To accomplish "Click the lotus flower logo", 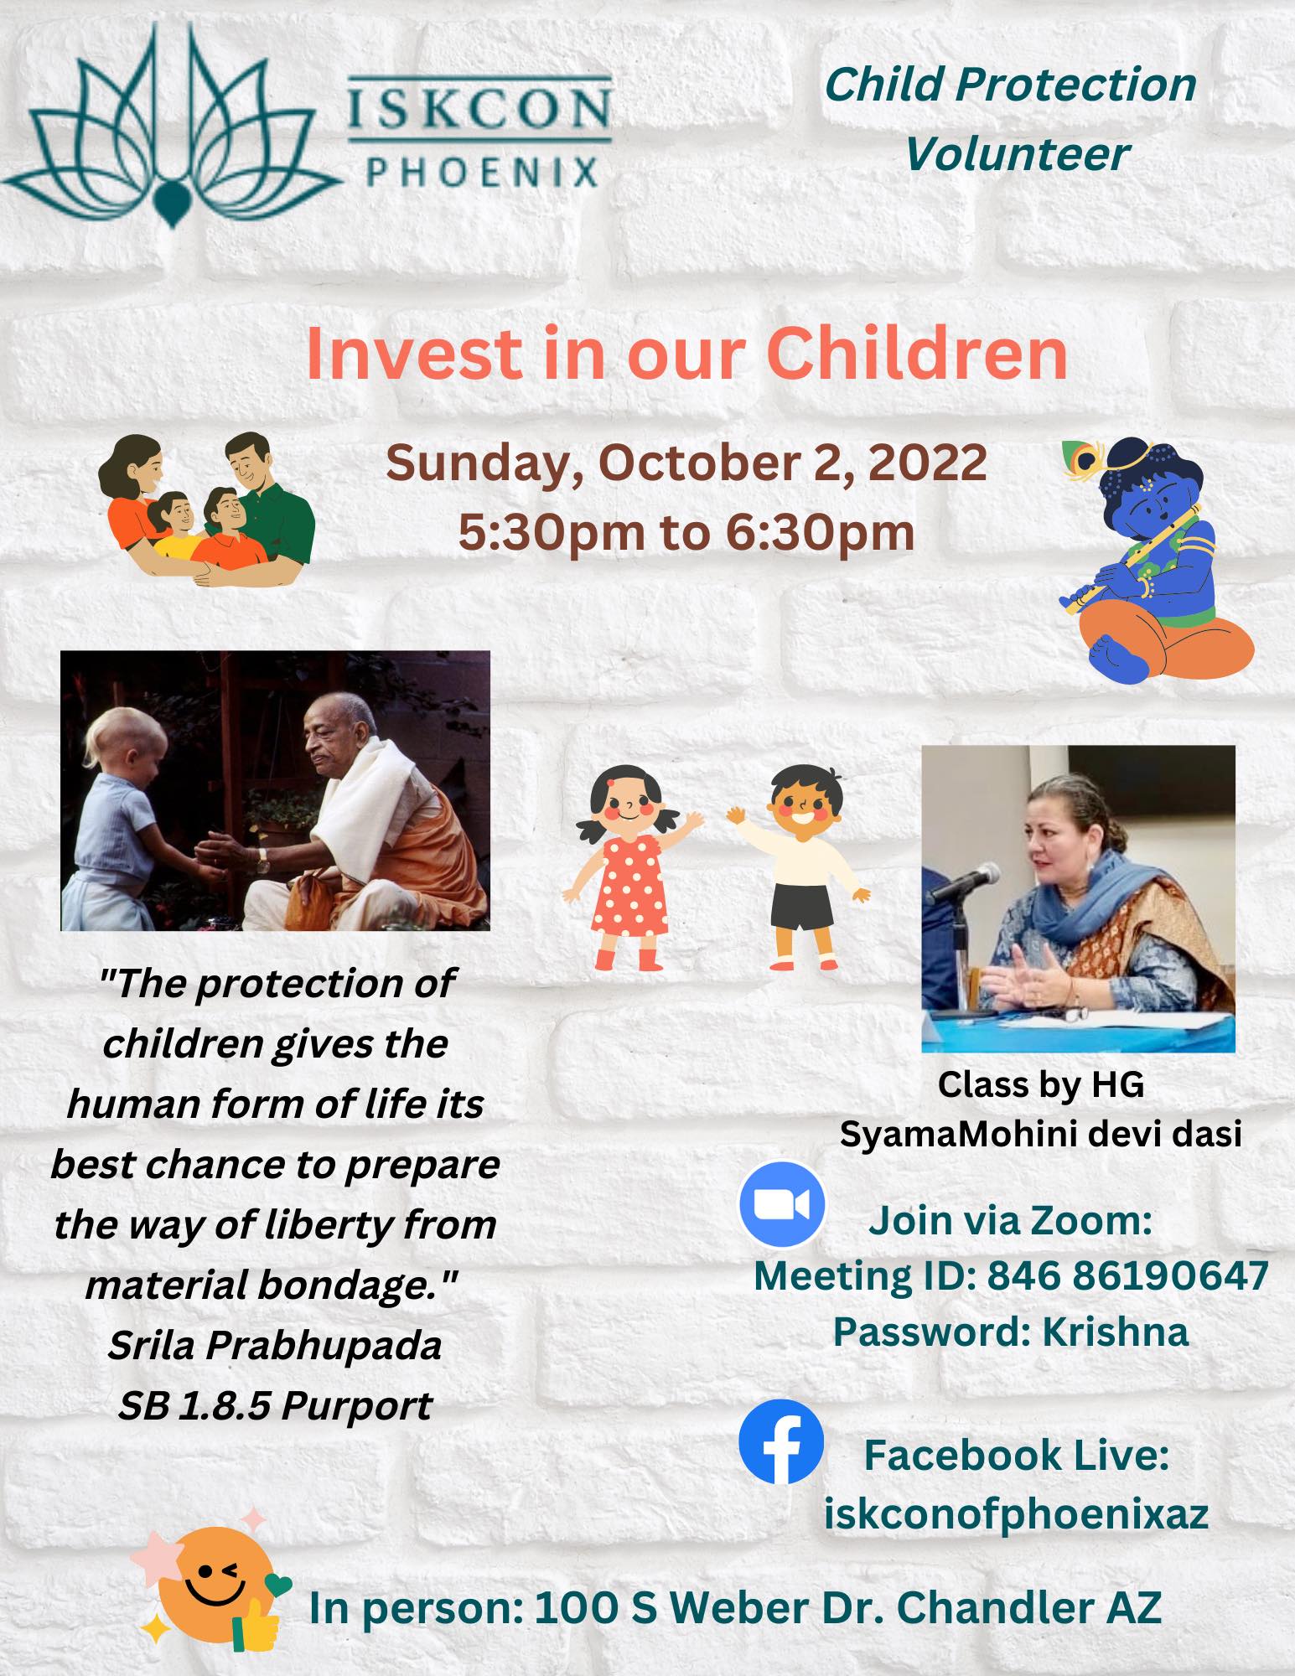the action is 172,126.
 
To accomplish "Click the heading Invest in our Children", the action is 686,354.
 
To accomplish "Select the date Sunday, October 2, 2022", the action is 686,463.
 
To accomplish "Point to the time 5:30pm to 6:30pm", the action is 686,532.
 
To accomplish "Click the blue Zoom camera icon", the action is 781,1205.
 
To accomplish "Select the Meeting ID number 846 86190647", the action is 1127,1275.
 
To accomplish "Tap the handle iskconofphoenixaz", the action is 1016,1513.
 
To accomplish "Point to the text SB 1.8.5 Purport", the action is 275,1405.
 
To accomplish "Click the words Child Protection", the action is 1011,85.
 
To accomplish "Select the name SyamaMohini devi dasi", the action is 1041,1134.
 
